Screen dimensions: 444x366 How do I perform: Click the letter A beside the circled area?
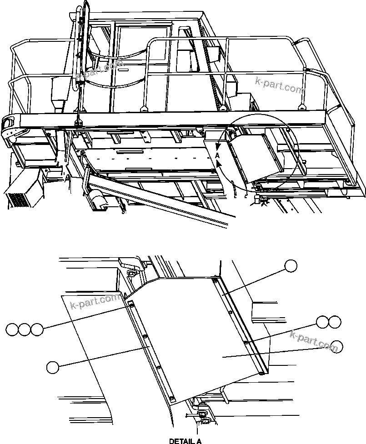(x=217, y=155)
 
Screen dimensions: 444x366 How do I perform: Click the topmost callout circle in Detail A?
(x=291, y=266)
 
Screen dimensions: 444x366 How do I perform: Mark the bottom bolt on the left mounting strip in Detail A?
(x=172, y=398)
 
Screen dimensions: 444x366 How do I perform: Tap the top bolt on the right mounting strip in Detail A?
(x=215, y=281)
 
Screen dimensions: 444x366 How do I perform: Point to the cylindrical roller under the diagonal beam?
(x=97, y=198)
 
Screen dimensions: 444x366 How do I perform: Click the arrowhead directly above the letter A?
(x=218, y=146)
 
